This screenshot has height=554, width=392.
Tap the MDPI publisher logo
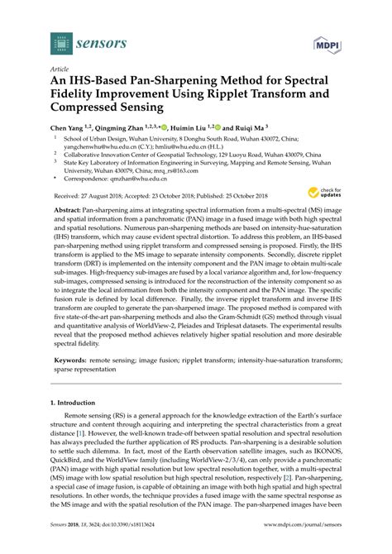coord(325,42)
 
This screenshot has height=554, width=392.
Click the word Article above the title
coord(59,71)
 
